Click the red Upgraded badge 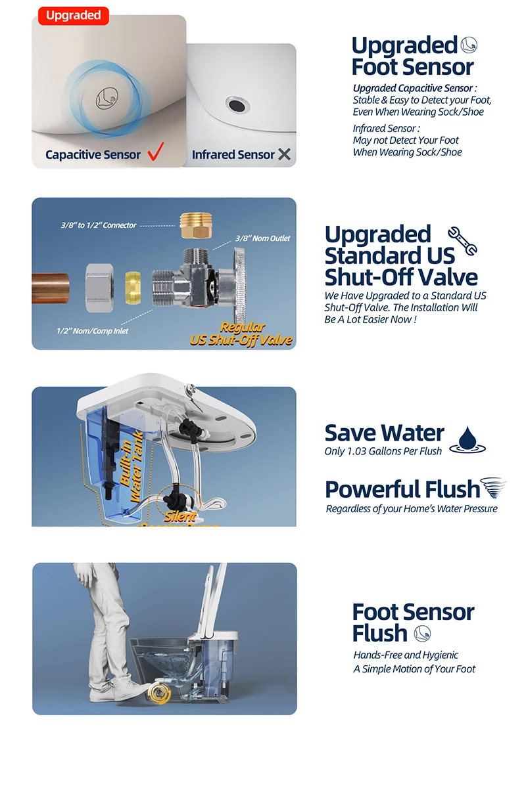pyautogui.click(x=73, y=16)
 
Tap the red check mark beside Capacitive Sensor pyautogui.click(x=155, y=154)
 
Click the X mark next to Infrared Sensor pyautogui.click(x=284, y=154)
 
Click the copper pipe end pyautogui.click(x=51, y=286)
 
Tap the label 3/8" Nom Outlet pyautogui.click(x=262, y=238)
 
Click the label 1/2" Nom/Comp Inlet pyautogui.click(x=92, y=331)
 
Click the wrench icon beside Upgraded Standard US pyautogui.click(x=462, y=241)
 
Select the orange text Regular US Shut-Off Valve pyautogui.click(x=241, y=334)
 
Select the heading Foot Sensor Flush pyautogui.click(x=413, y=623)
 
